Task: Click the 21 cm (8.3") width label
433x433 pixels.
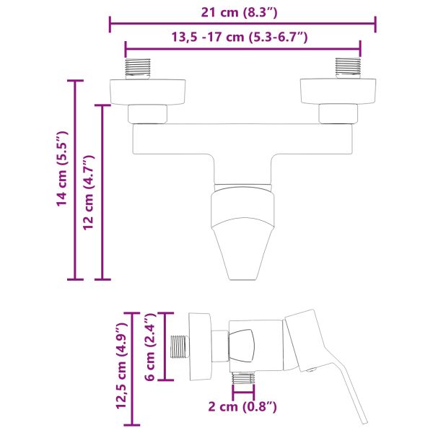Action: (242, 12)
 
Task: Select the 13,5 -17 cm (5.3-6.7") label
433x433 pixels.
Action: (242, 38)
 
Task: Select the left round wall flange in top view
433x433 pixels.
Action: (148, 92)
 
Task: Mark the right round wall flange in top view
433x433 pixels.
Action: (337, 92)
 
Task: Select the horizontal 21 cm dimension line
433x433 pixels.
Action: (242, 25)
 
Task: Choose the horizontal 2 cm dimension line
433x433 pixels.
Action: (244, 395)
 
